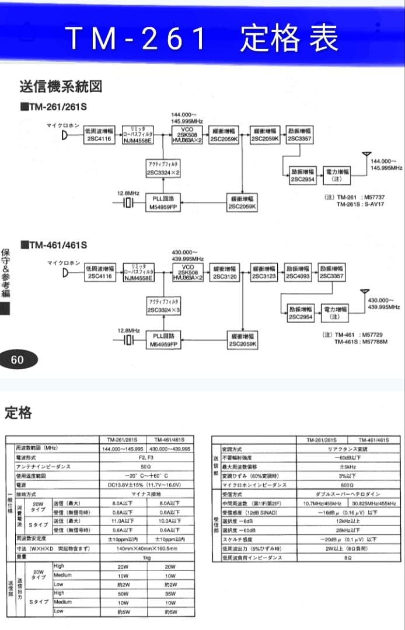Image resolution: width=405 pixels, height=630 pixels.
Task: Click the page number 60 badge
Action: (18, 360)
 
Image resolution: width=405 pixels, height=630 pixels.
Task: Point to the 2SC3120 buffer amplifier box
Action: (225, 272)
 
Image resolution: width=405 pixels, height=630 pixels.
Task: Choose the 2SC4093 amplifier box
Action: (298, 272)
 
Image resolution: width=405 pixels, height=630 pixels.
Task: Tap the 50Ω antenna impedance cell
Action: (146, 467)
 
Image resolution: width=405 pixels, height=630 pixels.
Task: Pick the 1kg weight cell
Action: (146, 557)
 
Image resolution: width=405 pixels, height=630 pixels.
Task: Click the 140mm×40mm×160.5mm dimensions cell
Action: (146, 548)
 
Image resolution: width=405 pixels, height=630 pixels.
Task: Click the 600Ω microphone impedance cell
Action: (347, 485)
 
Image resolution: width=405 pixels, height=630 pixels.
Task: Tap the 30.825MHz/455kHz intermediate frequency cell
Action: (374, 503)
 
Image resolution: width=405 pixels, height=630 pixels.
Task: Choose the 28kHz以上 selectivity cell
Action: (347, 531)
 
